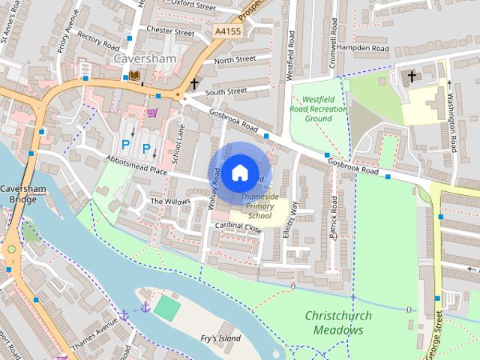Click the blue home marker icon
point(239,172)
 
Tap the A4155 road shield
point(226,31)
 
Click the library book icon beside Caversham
point(134,76)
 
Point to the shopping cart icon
point(153,112)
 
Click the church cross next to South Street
point(194,83)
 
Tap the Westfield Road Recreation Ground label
point(319,108)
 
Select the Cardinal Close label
point(237,226)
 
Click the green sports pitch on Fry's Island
point(168,308)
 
